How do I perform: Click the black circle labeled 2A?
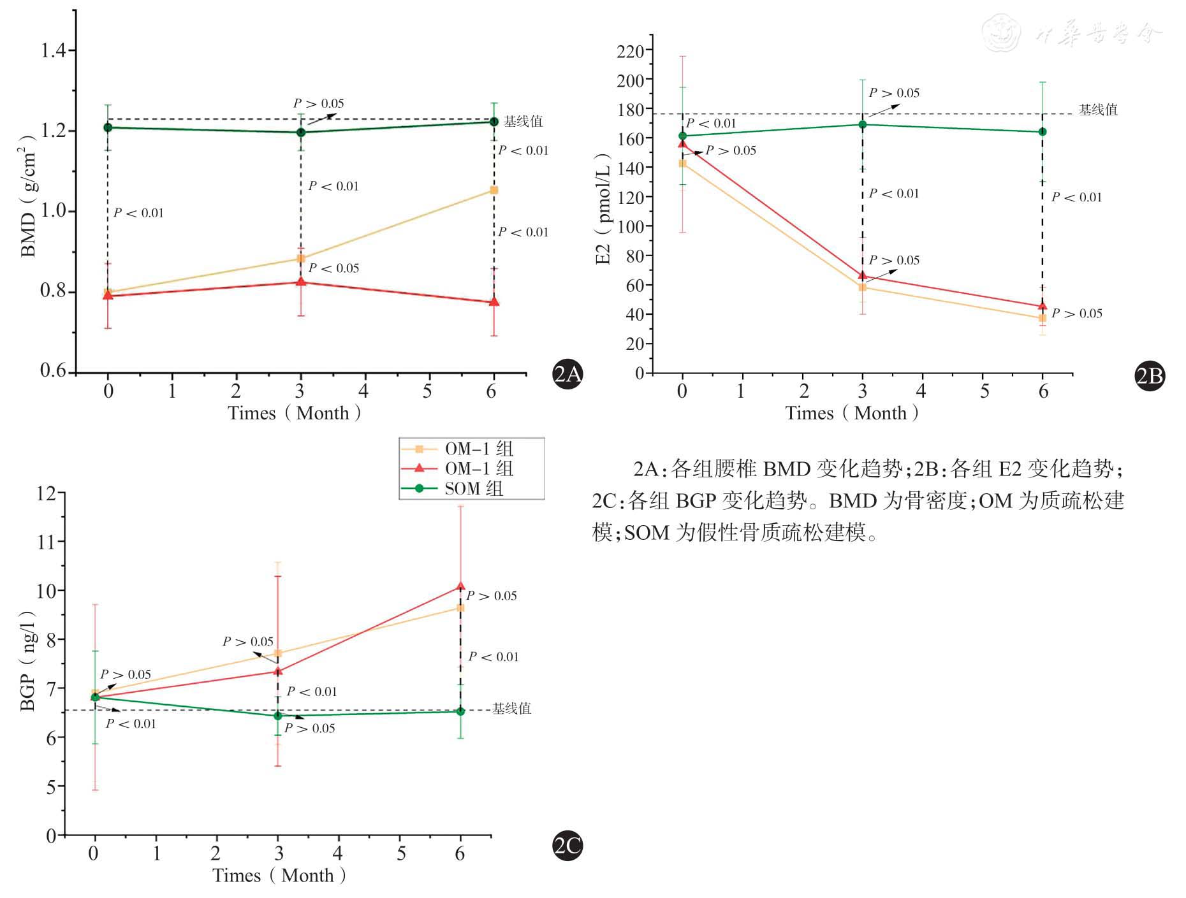pyautogui.click(x=567, y=374)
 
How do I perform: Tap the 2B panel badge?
pyautogui.click(x=1150, y=375)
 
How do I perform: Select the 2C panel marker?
pyautogui.click(x=567, y=846)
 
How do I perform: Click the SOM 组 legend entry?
pyautogui.click(x=472, y=489)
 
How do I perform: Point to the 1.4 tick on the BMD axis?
pyautogui.click(x=54, y=50)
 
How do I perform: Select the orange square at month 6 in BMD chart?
pyautogui.click(x=494, y=190)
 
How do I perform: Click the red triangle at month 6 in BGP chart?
pyautogui.click(x=460, y=586)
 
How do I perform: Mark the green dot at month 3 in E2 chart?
pyautogui.click(x=863, y=124)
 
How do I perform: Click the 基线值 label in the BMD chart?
pyautogui.click(x=523, y=121)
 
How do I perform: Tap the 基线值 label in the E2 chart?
pyautogui.click(x=1098, y=110)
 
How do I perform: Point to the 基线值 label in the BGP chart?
pyautogui.click(x=511, y=708)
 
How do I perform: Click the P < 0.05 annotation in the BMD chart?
pyautogui.click(x=333, y=268)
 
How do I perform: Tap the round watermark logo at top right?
pyautogui.click(x=1000, y=33)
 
